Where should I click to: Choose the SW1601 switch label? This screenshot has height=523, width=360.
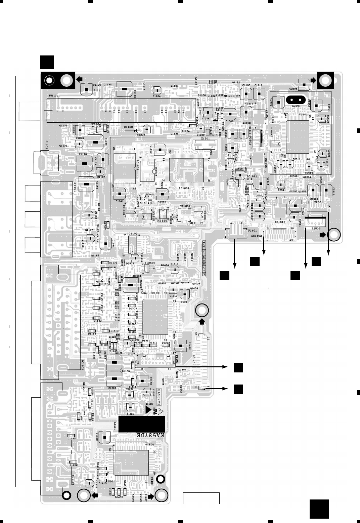point(185,206)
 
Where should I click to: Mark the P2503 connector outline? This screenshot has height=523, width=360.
point(315,223)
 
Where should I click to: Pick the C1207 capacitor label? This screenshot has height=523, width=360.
point(112,388)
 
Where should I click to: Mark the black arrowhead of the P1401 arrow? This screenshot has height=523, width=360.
point(234,267)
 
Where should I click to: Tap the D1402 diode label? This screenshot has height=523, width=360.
point(119,497)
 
